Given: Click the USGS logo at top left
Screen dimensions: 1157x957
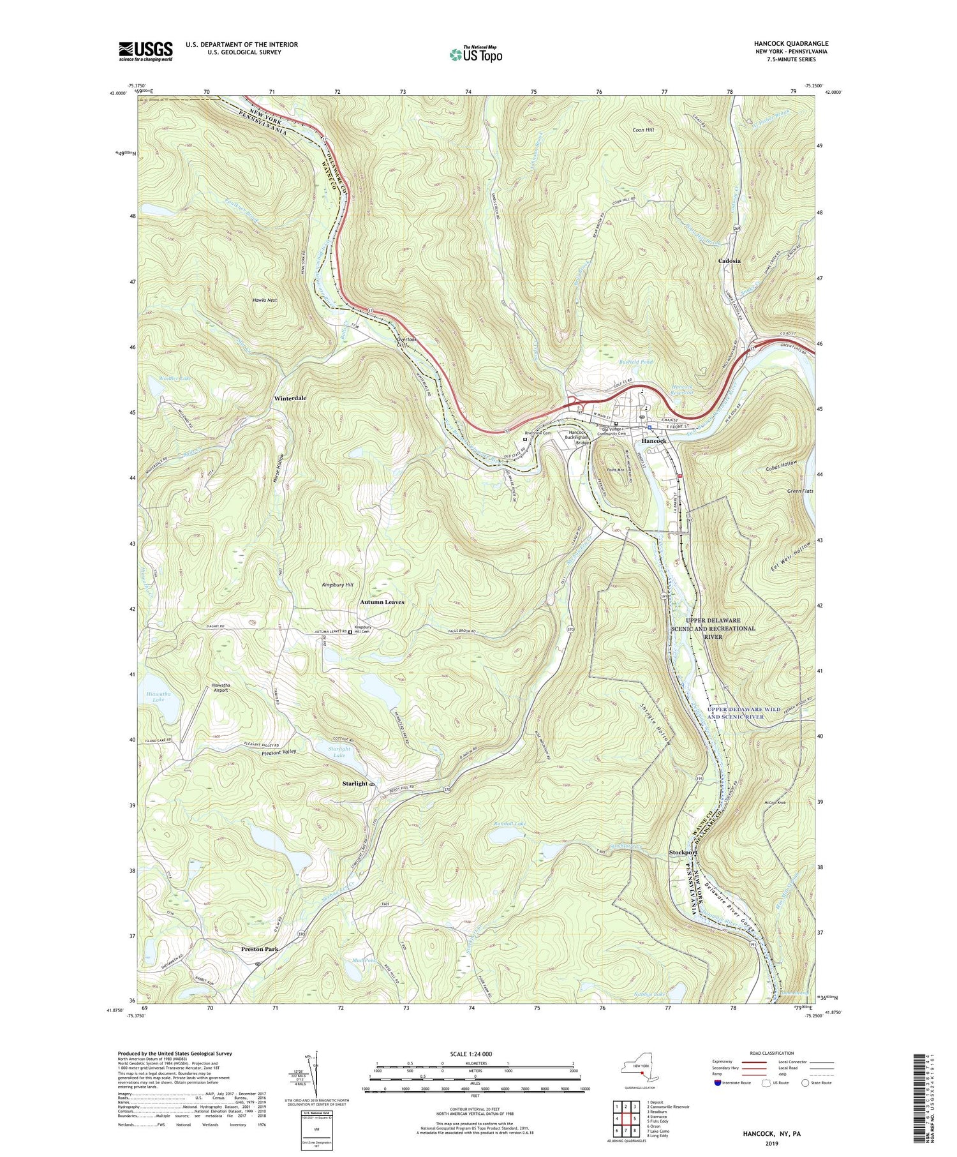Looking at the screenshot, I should pos(145,51).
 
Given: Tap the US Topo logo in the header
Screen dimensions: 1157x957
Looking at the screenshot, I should pos(475,55).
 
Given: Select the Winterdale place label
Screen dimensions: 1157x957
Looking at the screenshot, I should pos(290,398).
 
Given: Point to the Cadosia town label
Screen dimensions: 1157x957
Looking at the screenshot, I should pos(729,261).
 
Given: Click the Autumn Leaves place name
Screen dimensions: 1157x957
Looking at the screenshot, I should pos(382,602).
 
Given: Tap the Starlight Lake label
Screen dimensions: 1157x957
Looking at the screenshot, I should pos(339,752).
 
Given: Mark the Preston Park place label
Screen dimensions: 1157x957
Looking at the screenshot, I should pos(260,949).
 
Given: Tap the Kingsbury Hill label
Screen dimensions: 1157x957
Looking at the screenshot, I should pos(338,585).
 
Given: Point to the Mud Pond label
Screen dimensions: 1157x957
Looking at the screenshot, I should pos(364,960).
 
